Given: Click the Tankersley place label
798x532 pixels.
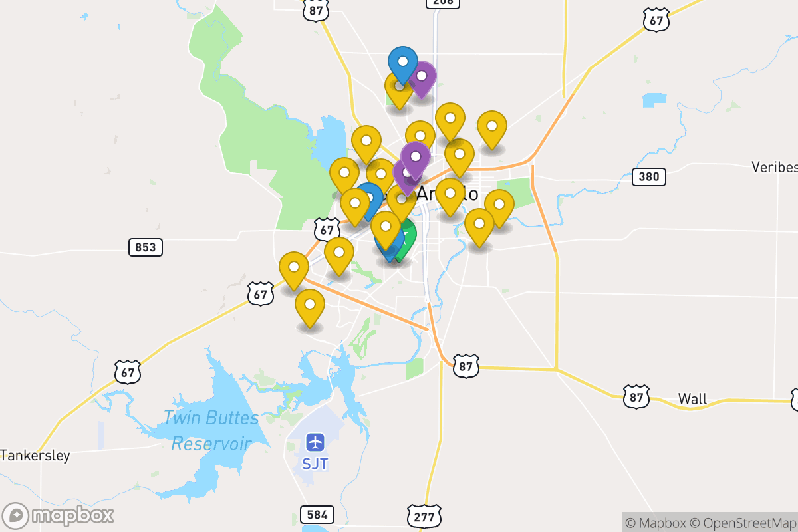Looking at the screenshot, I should click(x=35, y=456).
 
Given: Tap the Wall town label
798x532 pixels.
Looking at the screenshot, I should click(x=692, y=399).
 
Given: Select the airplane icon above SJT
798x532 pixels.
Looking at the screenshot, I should click(x=315, y=442).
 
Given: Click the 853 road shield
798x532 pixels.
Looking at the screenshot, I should click(x=145, y=248).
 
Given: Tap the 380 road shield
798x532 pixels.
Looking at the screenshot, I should click(x=649, y=176).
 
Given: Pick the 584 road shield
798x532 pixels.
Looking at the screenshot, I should click(x=317, y=514).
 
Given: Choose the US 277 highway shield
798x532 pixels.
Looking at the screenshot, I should click(x=424, y=516).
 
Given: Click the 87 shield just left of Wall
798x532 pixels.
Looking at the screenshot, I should click(x=636, y=397).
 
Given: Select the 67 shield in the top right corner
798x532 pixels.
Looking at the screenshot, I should click(x=656, y=20).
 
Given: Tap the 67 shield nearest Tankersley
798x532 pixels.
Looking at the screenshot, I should click(x=127, y=372).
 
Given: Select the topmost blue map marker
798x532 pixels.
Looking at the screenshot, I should click(x=402, y=63).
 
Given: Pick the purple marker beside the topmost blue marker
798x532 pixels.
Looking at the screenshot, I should click(x=421, y=78).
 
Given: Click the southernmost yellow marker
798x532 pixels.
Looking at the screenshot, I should click(x=309, y=306).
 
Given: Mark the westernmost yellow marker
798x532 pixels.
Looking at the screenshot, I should click(x=293, y=269).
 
